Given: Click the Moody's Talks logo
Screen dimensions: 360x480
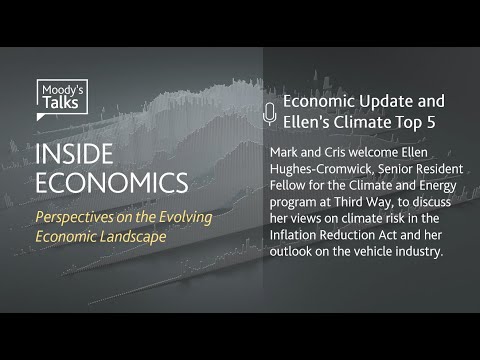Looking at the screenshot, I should click(62, 100).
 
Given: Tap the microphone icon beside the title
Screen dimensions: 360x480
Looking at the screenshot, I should click(269, 113).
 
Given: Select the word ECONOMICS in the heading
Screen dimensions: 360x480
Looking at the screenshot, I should click(111, 184).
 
